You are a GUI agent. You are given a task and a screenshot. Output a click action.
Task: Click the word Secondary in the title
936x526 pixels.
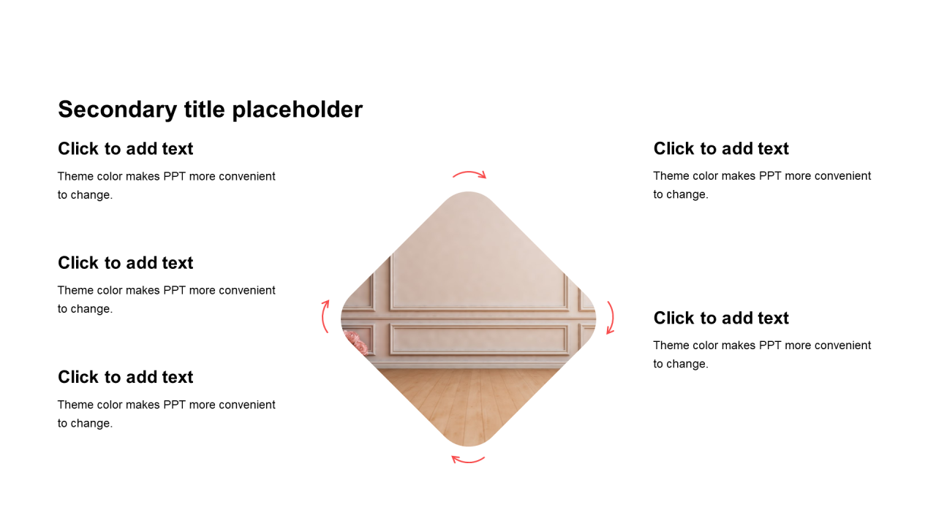pos(118,110)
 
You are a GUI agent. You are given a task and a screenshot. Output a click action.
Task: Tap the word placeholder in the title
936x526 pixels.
pos(297,110)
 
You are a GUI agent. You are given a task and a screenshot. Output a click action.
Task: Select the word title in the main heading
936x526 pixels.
pos(204,109)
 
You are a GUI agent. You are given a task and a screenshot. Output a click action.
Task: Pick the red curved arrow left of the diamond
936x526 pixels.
pos(323,316)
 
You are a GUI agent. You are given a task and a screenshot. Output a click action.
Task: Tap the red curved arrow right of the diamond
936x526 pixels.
pos(613,318)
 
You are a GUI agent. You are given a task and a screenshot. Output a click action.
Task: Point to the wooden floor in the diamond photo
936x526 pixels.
pos(468,401)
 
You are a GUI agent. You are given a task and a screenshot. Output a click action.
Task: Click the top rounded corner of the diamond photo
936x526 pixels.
pos(468,193)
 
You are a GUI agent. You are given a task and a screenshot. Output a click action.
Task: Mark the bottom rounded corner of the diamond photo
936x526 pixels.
pos(468,445)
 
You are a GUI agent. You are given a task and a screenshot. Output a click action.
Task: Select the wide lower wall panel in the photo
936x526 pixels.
pos(479,339)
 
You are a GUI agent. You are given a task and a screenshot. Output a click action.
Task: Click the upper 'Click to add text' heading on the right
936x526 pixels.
pos(721,148)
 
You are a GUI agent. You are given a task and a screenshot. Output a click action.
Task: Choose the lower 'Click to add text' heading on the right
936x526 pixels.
pos(721,318)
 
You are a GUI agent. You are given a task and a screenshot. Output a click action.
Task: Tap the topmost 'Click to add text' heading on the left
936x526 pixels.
pos(125,148)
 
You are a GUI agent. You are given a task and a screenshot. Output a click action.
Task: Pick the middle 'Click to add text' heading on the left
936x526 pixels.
pos(125,263)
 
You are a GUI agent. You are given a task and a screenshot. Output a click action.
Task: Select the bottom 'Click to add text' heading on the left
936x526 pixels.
pos(125,377)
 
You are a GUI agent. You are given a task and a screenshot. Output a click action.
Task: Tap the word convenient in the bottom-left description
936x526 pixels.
pos(247,405)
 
